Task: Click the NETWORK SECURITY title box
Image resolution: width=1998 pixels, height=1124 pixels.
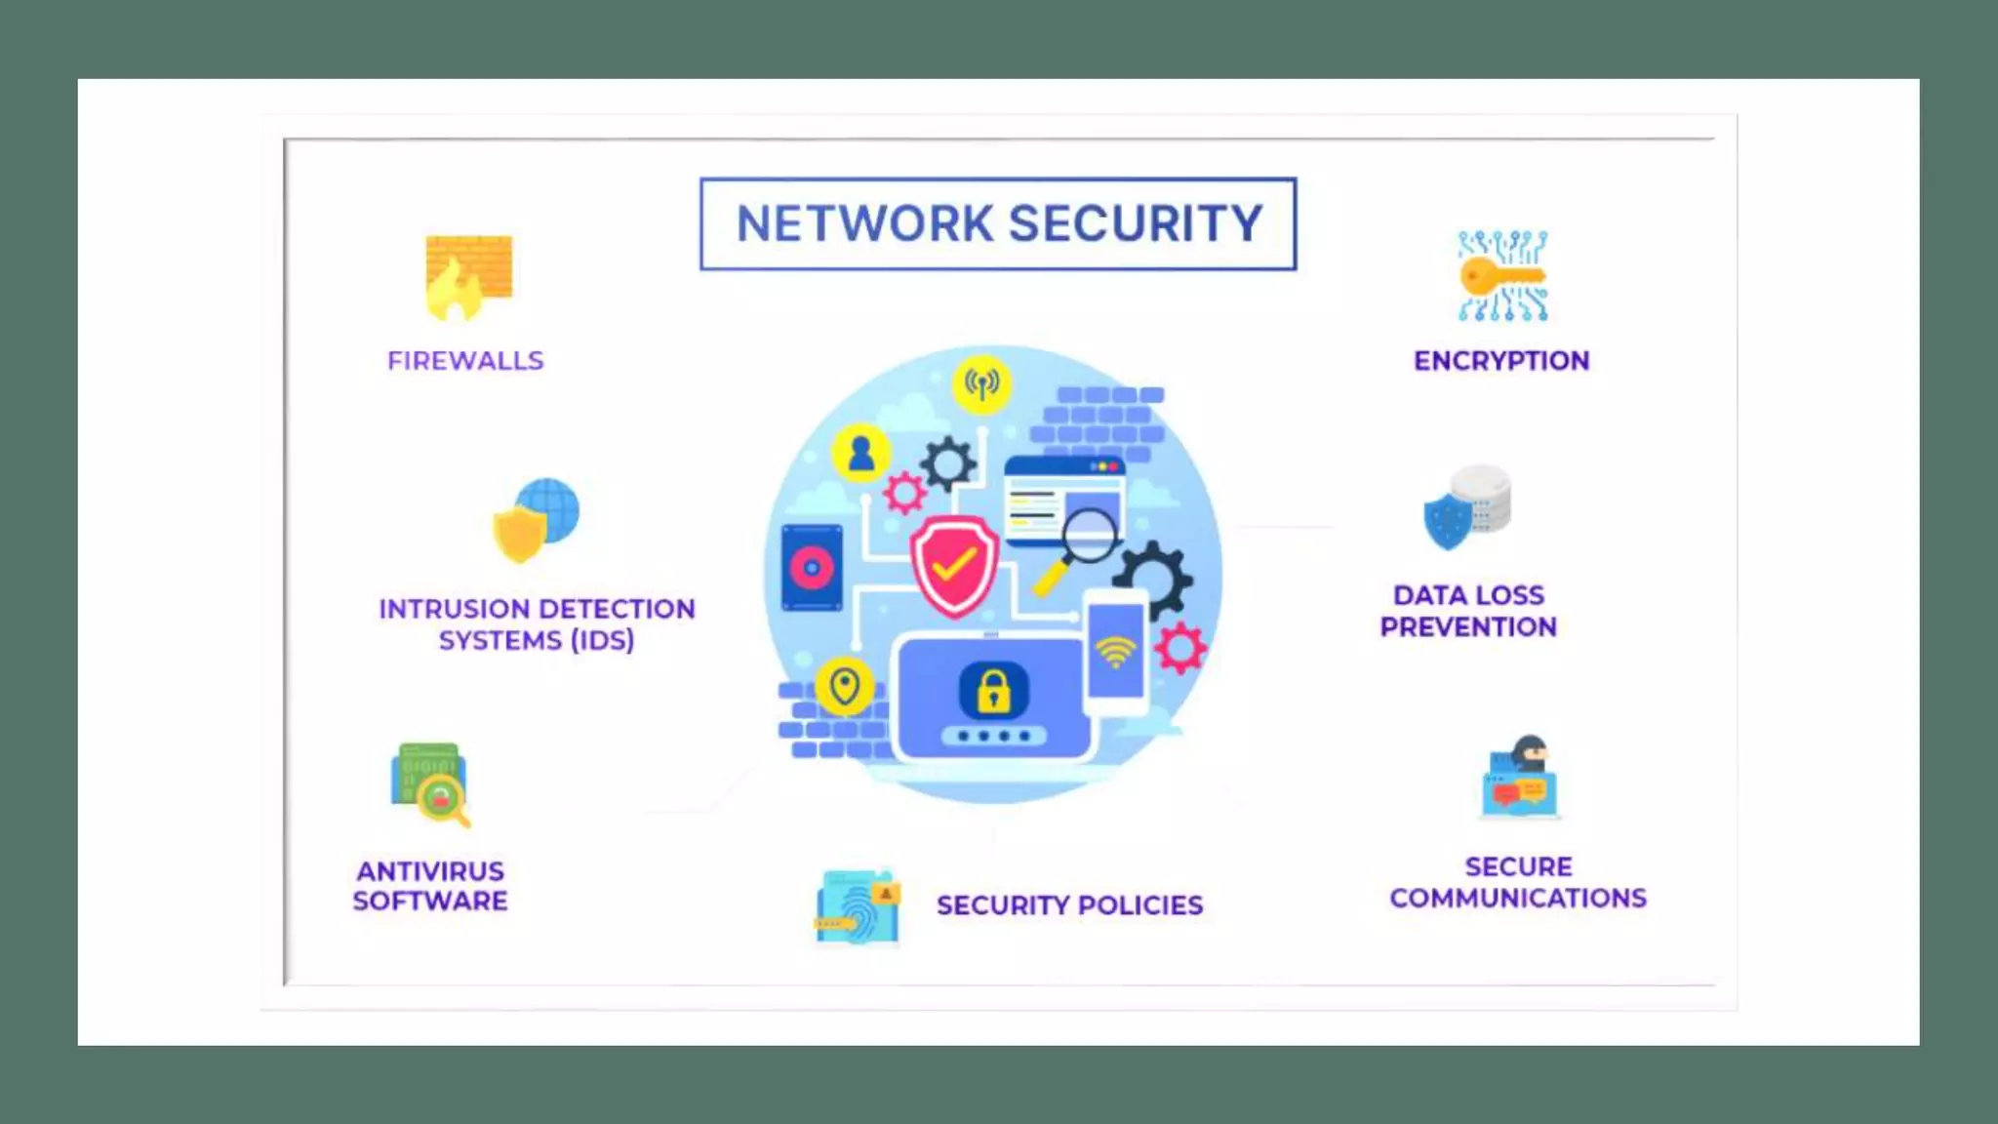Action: coord(998,223)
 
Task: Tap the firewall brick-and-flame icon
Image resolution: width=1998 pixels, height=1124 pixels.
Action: coord(468,278)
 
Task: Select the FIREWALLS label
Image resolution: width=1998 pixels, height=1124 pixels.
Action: coord(465,361)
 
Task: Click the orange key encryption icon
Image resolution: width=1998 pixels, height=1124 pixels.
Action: coord(1502,276)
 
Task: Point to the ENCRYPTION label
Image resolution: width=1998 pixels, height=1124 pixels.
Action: coord(1501,361)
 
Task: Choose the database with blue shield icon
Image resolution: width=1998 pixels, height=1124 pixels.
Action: coord(1468,506)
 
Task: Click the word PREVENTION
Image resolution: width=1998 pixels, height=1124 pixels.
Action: coord(1468,627)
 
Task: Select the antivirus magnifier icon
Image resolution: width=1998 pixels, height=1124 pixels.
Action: coord(430,785)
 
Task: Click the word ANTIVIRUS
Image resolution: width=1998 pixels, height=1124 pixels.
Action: coord(430,870)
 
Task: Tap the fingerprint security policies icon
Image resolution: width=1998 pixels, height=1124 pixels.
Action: coord(858,906)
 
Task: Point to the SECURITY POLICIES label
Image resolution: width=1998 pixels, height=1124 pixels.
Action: coord(1069,905)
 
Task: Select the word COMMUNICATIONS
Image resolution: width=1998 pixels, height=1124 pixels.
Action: coord(1518,898)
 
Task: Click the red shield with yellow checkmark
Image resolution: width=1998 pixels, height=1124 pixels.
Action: coord(953,565)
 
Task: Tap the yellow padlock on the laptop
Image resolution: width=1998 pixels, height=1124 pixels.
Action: coord(993,689)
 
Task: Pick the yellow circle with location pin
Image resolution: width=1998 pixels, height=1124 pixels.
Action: coord(845,687)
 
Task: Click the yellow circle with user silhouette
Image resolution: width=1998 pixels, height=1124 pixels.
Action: coord(860,454)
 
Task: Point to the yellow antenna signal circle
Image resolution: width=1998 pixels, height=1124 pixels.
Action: coord(981,383)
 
